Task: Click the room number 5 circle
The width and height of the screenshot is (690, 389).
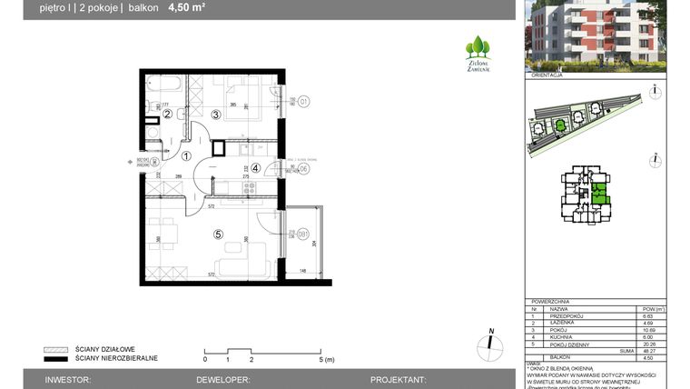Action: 217,234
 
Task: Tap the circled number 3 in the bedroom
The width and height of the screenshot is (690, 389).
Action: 215,115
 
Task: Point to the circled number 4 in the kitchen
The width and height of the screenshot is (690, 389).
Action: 256,167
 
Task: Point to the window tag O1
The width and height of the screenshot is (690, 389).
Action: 304,101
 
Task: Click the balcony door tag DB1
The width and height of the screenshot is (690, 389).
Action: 304,234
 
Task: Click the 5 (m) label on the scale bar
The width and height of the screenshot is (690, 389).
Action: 326,360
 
